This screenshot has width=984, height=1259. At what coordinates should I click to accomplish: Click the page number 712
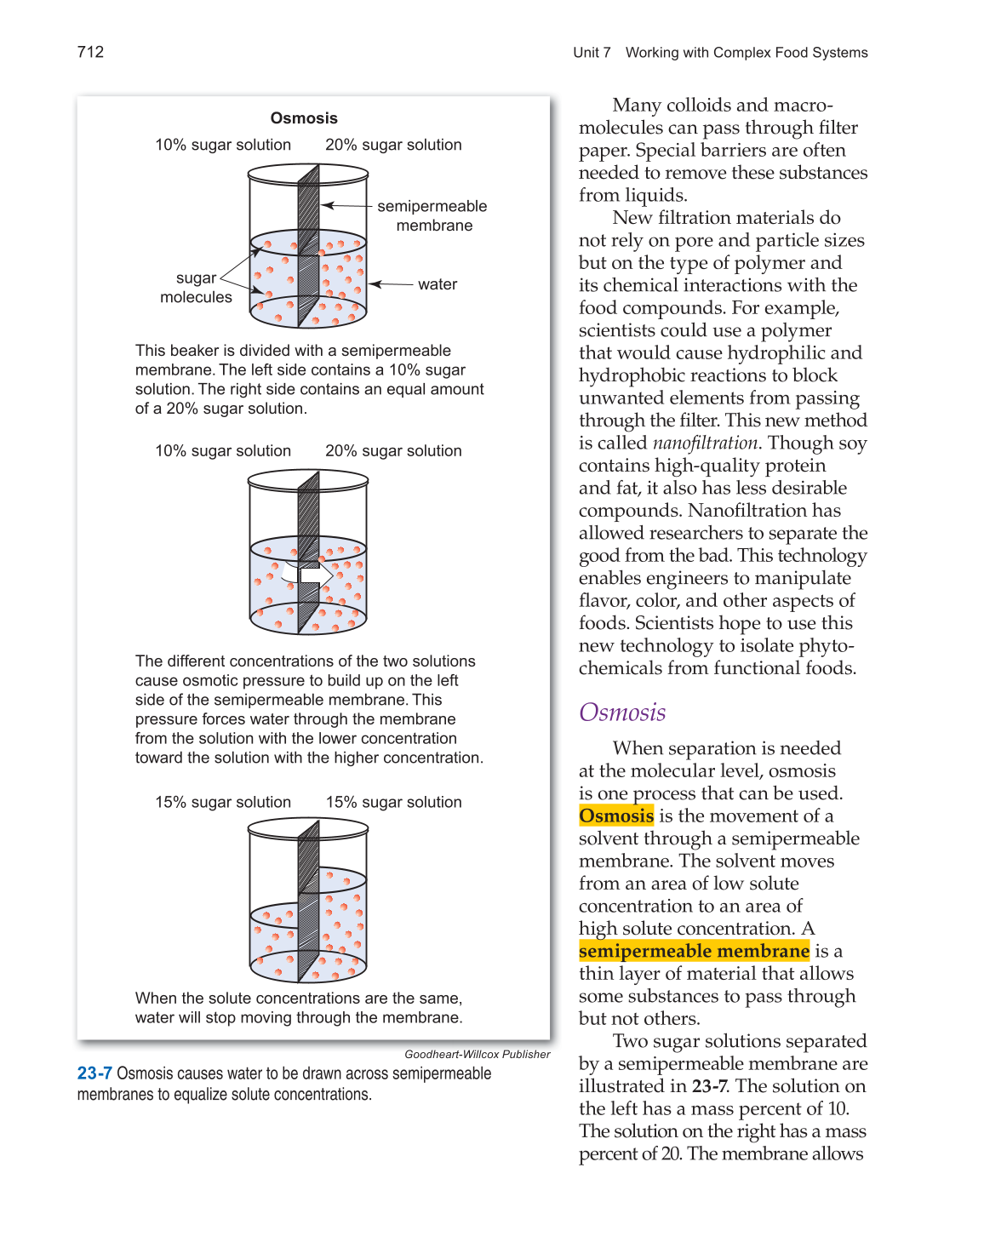click(x=90, y=52)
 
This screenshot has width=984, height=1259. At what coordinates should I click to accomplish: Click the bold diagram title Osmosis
click(x=304, y=118)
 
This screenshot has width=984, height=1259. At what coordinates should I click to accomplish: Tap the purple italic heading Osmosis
click(x=622, y=712)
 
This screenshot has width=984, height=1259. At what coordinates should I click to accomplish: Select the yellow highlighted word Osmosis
click(x=616, y=815)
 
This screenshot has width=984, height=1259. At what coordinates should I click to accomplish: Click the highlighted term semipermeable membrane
click(x=694, y=951)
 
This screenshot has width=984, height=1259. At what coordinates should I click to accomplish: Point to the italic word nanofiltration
click(x=705, y=443)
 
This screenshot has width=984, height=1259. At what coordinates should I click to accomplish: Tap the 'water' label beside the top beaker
click(x=438, y=284)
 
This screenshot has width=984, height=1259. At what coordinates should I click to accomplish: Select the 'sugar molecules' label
click(x=196, y=288)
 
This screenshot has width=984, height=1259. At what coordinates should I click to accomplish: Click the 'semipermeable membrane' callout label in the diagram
click(x=432, y=215)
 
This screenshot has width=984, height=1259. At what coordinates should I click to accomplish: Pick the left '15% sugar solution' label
click(x=223, y=802)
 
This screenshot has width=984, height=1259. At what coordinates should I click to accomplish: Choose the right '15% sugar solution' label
click(x=393, y=802)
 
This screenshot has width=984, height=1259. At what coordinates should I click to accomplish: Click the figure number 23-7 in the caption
click(x=94, y=1073)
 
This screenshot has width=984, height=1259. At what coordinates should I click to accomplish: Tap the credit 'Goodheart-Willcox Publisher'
click(x=477, y=1054)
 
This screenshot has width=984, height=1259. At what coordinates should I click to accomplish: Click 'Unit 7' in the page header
click(x=592, y=53)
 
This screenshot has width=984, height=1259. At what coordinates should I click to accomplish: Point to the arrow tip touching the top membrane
click(x=323, y=206)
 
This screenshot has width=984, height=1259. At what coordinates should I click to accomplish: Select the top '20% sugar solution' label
click(x=393, y=145)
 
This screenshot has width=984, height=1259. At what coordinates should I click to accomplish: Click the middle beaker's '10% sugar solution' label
click(x=223, y=451)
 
